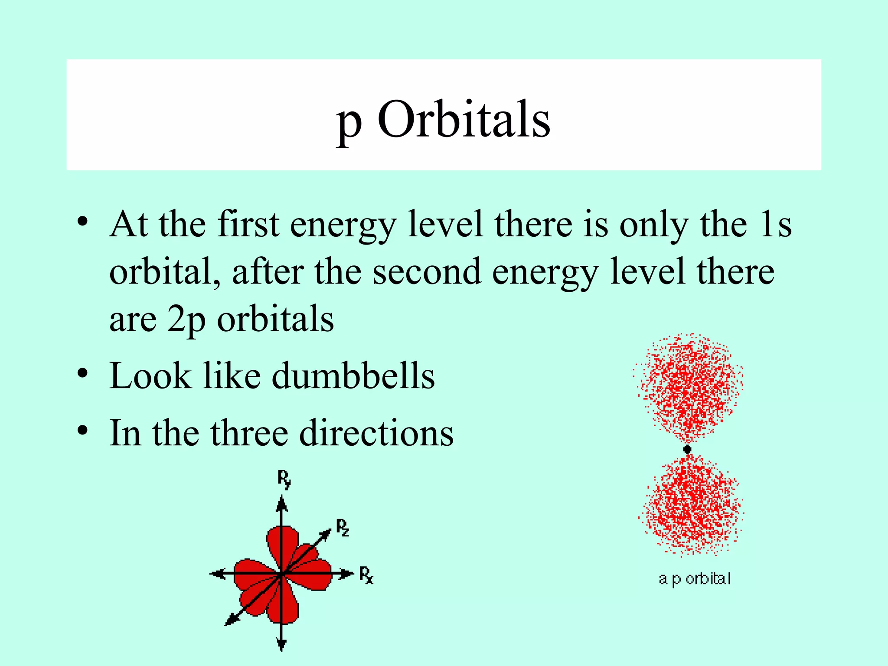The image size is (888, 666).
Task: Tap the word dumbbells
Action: [353, 375]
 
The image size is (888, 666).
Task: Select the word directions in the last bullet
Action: [376, 433]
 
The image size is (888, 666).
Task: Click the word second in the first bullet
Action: [427, 272]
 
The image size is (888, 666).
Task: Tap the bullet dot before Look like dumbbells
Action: [83, 373]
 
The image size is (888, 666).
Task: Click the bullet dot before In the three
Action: [83, 431]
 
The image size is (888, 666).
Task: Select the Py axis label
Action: [284, 479]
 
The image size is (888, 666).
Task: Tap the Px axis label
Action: [366, 575]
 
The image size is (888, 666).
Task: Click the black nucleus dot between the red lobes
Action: [687, 449]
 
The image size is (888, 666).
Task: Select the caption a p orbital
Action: [695, 579]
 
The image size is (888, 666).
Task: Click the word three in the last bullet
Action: [249, 433]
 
